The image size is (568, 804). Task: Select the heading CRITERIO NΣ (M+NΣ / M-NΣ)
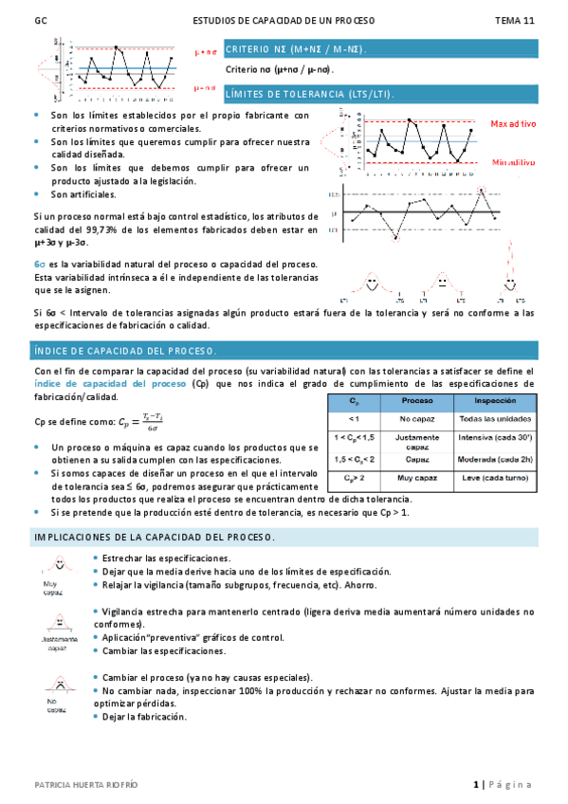coord(297,49)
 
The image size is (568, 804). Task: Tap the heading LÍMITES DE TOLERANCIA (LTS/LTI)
coord(309,95)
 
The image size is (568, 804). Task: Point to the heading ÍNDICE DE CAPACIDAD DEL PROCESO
coord(125,351)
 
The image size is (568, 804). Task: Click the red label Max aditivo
coord(513,124)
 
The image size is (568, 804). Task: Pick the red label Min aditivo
coord(513,163)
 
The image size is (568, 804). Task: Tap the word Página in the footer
coord(511,785)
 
